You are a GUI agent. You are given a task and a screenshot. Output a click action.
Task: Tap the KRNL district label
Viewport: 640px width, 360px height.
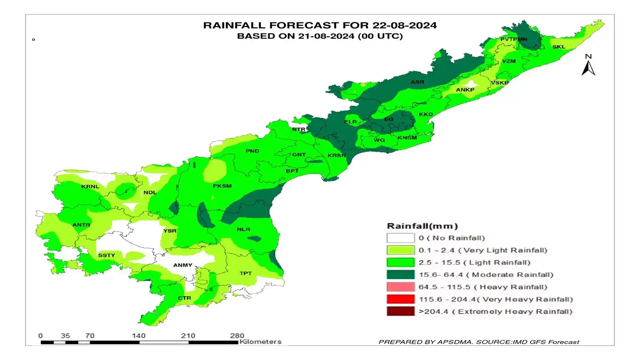click(x=90, y=186)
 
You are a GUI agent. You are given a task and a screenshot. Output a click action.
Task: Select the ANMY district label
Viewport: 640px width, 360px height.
click(x=183, y=265)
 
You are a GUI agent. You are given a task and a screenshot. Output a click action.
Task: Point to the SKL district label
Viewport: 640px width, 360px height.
click(x=559, y=47)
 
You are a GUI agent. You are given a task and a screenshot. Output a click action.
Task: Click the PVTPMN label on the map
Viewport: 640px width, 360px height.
click(x=514, y=39)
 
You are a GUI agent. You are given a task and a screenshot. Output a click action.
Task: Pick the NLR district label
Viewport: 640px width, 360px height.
click(x=243, y=229)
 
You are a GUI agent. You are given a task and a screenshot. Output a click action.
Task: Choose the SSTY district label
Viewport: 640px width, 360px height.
click(x=106, y=255)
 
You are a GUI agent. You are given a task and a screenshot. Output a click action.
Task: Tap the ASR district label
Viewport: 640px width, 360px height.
click(x=417, y=82)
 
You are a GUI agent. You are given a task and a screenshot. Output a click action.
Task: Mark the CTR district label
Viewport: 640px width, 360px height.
click(x=184, y=298)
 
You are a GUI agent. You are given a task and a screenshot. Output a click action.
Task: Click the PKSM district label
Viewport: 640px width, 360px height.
click(x=222, y=186)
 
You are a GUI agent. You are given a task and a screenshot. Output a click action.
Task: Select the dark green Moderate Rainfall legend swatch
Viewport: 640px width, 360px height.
click(x=400, y=275)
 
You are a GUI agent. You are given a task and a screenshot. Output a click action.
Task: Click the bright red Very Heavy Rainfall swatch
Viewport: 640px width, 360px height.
click(x=400, y=299)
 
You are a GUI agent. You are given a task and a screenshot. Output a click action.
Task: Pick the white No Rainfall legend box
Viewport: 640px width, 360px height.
click(x=400, y=238)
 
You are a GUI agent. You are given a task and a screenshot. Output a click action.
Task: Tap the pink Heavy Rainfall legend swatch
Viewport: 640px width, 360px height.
click(x=400, y=287)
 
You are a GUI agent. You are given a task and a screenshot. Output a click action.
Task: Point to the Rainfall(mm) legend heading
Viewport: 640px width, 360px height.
click(x=422, y=226)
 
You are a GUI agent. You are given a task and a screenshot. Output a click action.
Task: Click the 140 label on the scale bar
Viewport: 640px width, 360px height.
click(x=139, y=336)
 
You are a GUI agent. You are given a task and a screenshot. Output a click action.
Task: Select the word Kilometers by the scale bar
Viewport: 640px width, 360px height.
click(x=260, y=342)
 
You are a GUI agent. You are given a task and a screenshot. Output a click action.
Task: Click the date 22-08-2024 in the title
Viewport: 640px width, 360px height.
click(x=404, y=25)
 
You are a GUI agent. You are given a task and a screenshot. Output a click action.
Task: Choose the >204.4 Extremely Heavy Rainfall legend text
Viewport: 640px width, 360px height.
click(x=495, y=312)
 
